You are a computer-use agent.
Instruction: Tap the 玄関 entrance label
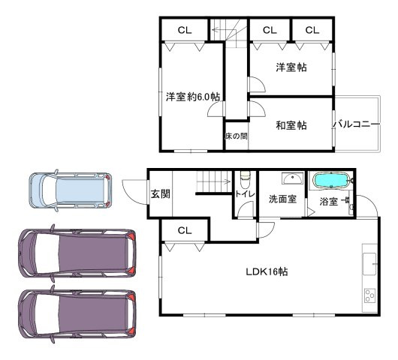click(160, 193)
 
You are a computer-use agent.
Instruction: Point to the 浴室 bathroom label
click(328, 201)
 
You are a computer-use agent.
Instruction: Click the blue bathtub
click(330, 181)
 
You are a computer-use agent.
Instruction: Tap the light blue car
click(70, 190)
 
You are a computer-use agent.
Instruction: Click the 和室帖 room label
click(290, 125)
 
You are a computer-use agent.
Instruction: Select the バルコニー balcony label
click(353, 124)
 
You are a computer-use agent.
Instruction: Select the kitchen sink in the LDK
click(369, 262)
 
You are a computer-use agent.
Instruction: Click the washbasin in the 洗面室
click(291, 178)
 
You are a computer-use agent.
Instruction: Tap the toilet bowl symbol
click(245, 180)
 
